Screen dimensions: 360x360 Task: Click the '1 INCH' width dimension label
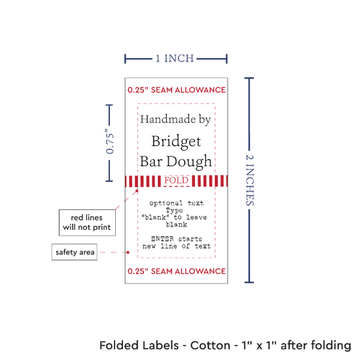175,58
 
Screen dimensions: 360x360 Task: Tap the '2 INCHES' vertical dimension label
250,180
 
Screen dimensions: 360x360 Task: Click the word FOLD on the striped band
176,181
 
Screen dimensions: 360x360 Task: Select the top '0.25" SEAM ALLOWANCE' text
177,90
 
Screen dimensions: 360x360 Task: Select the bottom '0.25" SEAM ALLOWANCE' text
177,271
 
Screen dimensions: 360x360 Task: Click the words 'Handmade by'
175,119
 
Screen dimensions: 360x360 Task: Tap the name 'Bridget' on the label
176,141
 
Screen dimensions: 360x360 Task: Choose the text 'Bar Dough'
175,162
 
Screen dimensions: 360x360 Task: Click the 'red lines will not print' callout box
87,223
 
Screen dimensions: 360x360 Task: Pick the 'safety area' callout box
75,252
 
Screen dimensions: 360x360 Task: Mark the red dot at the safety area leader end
128,252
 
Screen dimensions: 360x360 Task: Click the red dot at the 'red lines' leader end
137,190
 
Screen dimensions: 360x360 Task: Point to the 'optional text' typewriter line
176,203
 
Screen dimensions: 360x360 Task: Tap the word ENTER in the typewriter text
162,239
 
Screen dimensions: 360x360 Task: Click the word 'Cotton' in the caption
210,346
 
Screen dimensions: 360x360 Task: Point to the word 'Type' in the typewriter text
175,211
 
